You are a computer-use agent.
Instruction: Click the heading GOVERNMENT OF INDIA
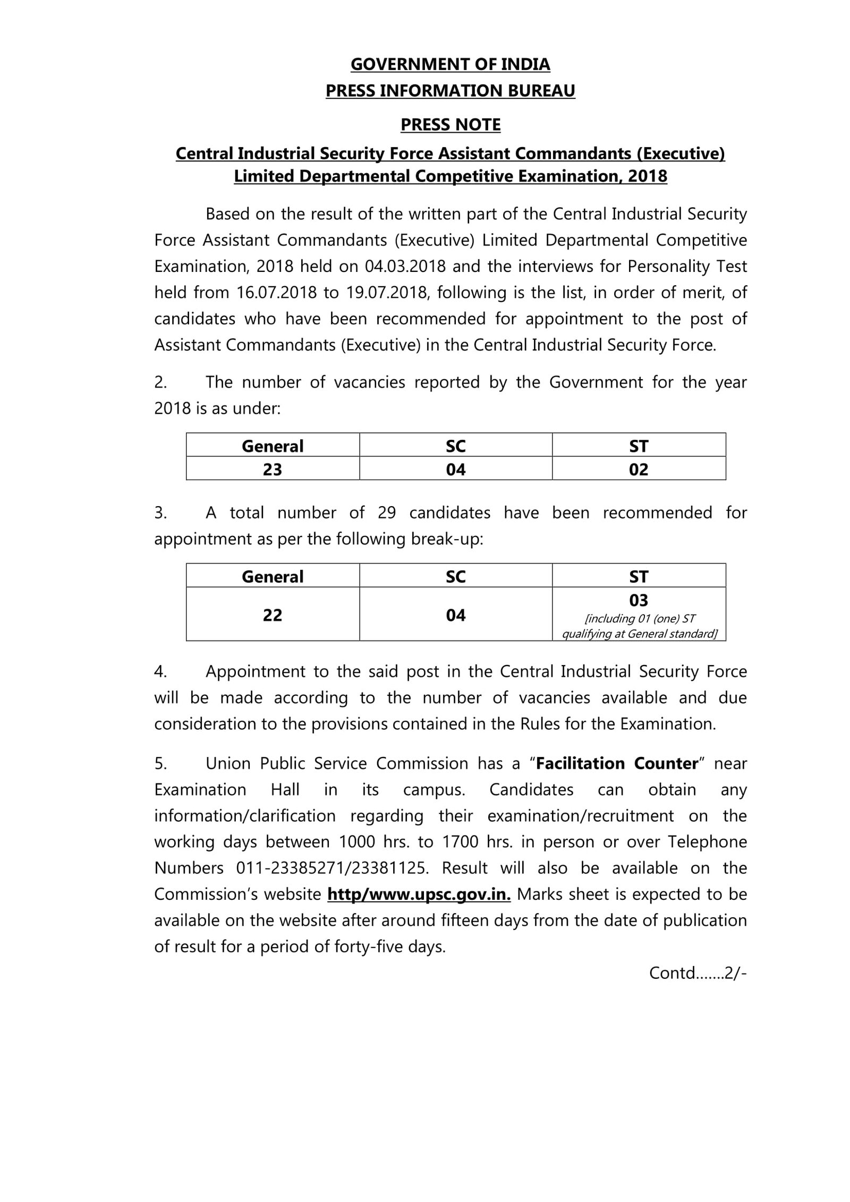450,64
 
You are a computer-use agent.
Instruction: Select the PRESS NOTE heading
450,125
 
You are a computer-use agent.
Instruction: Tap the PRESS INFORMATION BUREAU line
450,91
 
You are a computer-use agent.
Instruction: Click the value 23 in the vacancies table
273,470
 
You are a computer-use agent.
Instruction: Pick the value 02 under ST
639,470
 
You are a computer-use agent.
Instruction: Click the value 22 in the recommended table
273,615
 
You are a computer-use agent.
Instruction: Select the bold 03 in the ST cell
639,601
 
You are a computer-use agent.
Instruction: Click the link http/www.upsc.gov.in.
419,894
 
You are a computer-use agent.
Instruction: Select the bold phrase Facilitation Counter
617,763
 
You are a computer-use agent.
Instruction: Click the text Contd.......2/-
698,973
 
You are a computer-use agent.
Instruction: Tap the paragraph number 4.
160,671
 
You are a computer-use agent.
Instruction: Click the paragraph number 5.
160,763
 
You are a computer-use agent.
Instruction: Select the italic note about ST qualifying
639,626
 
